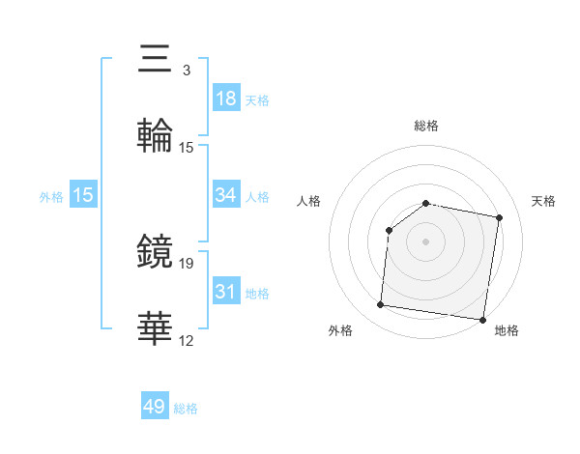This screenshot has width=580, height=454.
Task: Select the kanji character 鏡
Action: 156,250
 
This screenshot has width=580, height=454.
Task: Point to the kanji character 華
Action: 156,327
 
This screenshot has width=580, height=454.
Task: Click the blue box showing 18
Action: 226,99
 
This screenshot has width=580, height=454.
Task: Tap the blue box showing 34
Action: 226,195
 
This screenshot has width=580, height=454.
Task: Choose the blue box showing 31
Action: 226,292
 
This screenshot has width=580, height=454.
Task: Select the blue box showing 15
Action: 83,195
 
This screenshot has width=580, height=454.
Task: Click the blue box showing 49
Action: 155,407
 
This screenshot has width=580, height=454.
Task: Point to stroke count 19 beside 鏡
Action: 187,263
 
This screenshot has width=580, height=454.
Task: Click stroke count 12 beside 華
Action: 187,340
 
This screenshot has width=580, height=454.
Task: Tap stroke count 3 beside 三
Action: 186,71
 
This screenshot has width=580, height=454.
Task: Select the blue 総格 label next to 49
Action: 186,409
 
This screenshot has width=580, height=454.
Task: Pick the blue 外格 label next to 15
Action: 51,197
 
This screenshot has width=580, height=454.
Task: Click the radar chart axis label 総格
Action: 426,126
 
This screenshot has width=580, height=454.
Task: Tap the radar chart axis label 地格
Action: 507,331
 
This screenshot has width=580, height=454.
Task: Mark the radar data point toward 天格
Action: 500,218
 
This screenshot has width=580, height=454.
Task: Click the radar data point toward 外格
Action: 380,305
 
